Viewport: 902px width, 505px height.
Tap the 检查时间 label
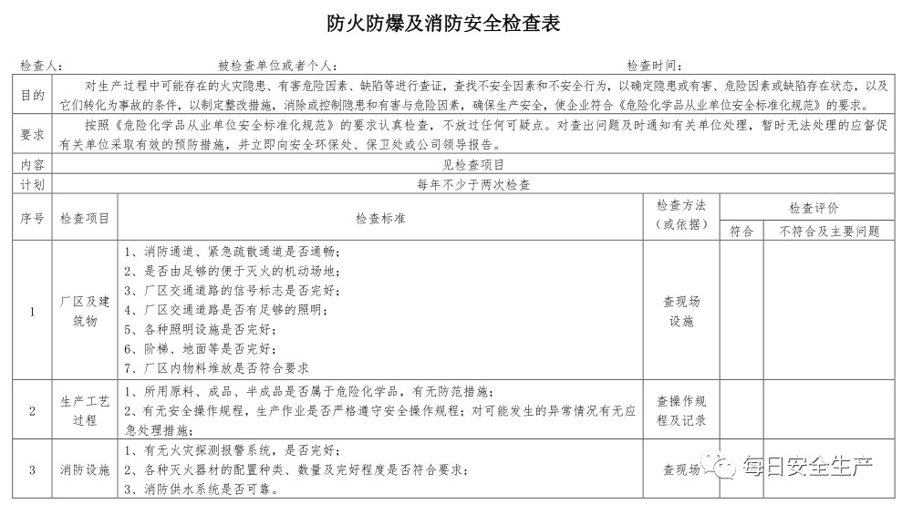click(x=653, y=66)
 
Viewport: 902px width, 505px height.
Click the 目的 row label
click(x=32, y=94)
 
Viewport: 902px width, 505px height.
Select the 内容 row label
click(x=32, y=165)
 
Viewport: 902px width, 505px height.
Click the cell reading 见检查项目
click(x=473, y=165)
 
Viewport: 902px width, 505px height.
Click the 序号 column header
click(x=32, y=219)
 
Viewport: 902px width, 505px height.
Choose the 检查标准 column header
click(x=380, y=219)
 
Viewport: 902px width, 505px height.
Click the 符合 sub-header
click(x=741, y=232)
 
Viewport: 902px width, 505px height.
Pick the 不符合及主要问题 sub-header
click(x=829, y=232)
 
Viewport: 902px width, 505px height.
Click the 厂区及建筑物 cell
click(x=85, y=310)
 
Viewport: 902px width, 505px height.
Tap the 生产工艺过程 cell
click(x=85, y=409)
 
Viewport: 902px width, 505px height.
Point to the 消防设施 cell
click(x=85, y=470)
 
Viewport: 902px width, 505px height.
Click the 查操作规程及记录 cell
click(x=681, y=410)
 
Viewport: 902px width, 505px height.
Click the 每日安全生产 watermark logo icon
click(x=727, y=469)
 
